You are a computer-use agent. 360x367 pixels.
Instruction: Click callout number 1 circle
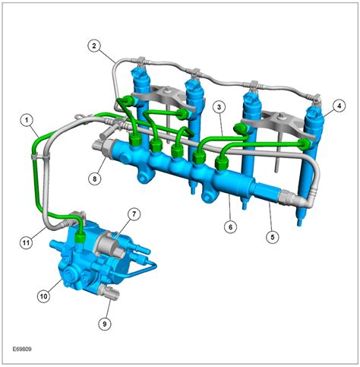(27, 119)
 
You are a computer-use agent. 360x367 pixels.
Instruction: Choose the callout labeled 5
(271, 236)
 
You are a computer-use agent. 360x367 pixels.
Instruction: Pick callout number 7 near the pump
(134, 215)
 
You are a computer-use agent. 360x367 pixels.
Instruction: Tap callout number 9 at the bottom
(106, 323)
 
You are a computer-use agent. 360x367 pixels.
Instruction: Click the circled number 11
(26, 242)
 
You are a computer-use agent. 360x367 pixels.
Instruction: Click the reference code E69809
(21, 351)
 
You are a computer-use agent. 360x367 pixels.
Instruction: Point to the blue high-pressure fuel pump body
(84, 262)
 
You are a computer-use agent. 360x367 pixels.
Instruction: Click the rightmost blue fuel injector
(313, 152)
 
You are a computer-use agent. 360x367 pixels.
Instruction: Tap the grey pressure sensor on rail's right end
(270, 195)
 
